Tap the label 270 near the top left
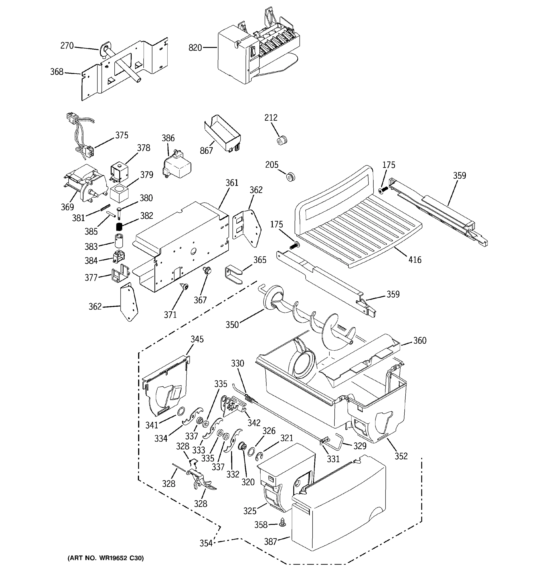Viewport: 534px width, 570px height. click(x=67, y=46)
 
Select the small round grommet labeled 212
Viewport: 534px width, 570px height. click(x=282, y=141)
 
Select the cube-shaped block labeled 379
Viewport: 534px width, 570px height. click(x=119, y=194)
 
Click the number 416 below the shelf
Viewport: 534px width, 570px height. click(x=415, y=260)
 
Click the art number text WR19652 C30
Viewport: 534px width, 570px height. click(x=105, y=558)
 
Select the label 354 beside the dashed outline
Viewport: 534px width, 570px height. click(x=206, y=543)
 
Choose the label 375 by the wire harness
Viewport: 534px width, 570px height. click(x=122, y=135)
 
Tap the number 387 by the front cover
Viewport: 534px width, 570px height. click(x=270, y=541)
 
